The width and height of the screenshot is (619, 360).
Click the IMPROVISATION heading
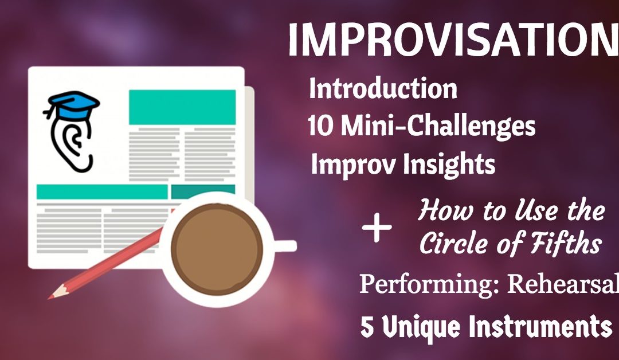[453, 41]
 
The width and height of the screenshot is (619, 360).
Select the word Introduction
[383, 89]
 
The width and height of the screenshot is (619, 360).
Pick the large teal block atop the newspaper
[182, 107]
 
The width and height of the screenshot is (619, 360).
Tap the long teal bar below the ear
[101, 191]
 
